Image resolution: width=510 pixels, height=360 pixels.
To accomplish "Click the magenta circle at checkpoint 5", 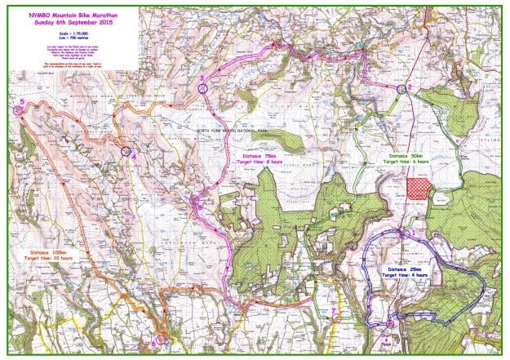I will [18, 109].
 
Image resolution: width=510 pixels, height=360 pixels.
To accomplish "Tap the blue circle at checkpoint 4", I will [126, 151].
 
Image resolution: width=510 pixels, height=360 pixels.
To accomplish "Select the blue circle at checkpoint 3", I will [202, 87].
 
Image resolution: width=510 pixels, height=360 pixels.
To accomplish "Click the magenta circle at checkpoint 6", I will [161, 337].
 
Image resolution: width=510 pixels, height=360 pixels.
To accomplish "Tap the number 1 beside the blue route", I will [413, 232].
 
